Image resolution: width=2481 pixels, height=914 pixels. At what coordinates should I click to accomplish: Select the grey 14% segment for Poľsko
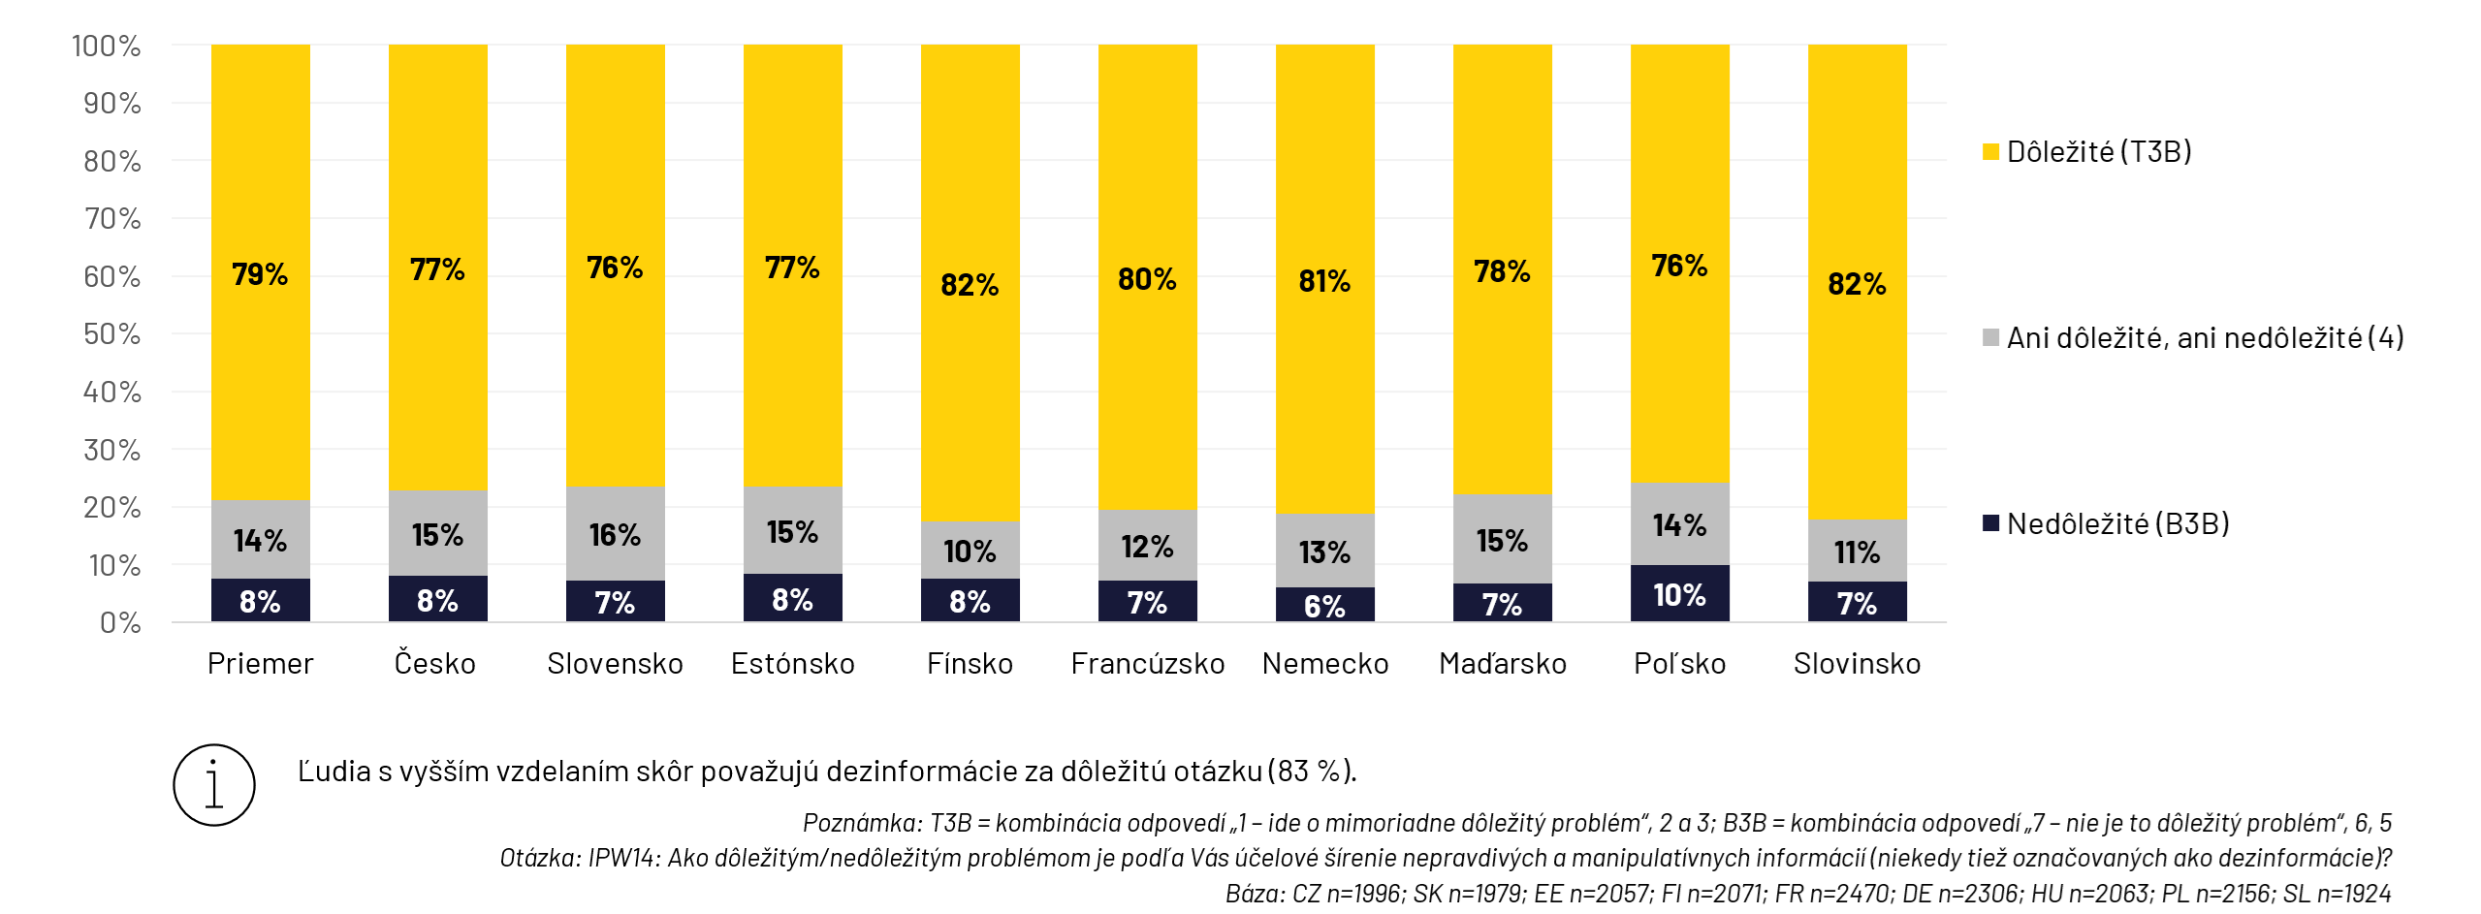[x=1679, y=524]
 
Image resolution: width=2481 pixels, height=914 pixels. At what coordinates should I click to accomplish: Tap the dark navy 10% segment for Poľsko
[x=1679, y=593]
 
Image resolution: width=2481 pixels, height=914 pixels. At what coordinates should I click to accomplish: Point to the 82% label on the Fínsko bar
[x=970, y=284]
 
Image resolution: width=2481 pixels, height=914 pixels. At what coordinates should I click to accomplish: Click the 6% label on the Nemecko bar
[x=1324, y=606]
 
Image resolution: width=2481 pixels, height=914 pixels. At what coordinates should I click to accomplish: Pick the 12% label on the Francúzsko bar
[x=1147, y=547]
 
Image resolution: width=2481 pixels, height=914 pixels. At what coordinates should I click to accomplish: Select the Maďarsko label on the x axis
[x=1502, y=664]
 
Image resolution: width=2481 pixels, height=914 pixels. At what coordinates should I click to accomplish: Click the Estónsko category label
[x=792, y=664]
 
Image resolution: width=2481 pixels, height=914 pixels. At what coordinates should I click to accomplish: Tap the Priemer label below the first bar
[x=260, y=664]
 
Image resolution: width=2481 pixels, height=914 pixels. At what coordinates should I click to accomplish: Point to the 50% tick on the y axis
[x=111, y=334]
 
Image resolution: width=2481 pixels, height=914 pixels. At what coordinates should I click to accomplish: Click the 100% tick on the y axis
[x=106, y=46]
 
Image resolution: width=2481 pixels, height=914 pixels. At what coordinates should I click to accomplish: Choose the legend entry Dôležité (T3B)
[x=2098, y=152]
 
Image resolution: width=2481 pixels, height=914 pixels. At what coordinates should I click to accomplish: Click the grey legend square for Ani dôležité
[x=1991, y=337]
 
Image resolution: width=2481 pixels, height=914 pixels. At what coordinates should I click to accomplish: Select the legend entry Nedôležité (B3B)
[x=2117, y=524]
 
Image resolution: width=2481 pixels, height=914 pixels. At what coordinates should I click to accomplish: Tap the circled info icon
[x=214, y=785]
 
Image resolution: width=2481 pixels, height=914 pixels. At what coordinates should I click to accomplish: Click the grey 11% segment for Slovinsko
[x=1857, y=551]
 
